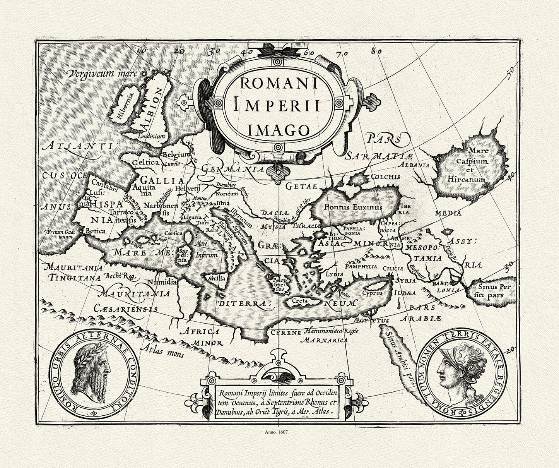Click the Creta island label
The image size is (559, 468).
pos(298,300)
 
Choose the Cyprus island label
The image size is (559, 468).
pos(372,293)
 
